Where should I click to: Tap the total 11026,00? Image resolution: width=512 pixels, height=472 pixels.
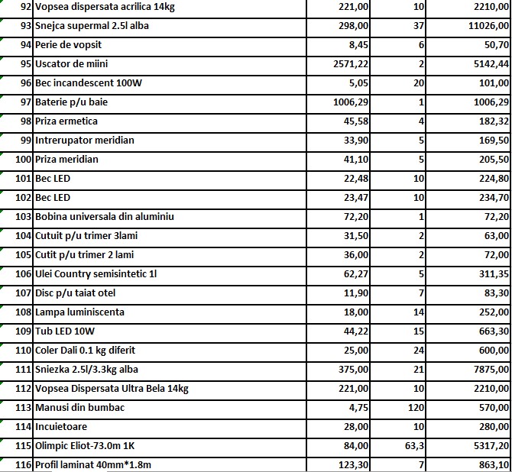click(486, 26)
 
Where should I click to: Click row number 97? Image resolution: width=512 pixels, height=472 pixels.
click(25, 102)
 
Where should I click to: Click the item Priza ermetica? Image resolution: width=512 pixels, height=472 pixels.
click(66, 121)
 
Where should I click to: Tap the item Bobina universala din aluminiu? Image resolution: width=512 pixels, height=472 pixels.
click(105, 217)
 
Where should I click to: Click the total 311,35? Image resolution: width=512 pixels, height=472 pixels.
click(493, 274)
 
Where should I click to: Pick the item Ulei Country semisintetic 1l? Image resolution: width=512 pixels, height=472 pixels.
click(101, 274)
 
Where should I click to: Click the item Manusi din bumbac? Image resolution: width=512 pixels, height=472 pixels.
click(79, 408)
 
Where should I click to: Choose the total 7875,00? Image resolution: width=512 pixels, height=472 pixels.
click(489, 370)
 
